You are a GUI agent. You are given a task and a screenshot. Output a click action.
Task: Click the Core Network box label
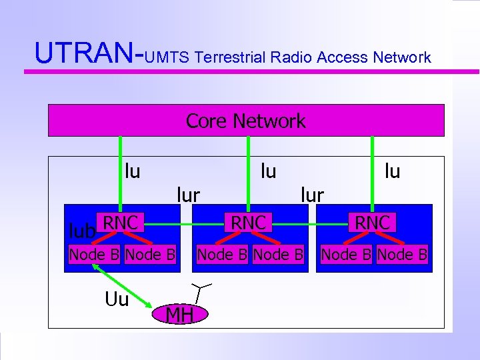[x=245, y=121]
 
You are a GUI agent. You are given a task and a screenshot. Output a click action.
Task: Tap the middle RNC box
[x=248, y=223]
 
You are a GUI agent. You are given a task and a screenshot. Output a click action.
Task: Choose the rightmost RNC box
[x=373, y=223]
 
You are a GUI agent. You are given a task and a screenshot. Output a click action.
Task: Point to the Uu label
[x=117, y=299]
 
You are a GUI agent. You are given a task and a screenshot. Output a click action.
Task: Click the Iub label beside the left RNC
[x=82, y=230]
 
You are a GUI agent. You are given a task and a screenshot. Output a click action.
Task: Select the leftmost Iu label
[x=132, y=171]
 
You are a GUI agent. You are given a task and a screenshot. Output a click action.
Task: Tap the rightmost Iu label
[x=392, y=171]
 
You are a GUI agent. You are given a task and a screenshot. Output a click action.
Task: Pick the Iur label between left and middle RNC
[x=188, y=195]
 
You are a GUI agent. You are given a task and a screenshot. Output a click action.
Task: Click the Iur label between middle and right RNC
[x=312, y=195]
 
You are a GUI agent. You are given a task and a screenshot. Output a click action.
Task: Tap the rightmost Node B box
[x=402, y=255]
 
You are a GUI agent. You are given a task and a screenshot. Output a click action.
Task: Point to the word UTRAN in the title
[x=84, y=53]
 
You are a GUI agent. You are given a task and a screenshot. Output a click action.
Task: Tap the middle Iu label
[x=268, y=171]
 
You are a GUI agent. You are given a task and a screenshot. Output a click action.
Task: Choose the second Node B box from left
[x=150, y=255]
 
